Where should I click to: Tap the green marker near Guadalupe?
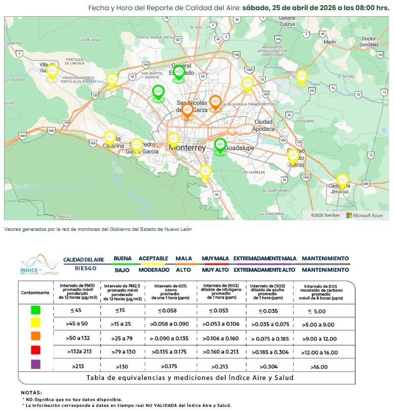pos(220,145)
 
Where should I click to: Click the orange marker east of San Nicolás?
pos(216,102)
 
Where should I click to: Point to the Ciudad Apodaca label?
pos(264,125)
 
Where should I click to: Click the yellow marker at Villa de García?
pos(52,72)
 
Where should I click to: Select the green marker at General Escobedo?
pos(178,73)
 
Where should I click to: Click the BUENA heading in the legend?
pos(123,258)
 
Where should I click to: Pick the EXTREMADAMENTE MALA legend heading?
pos(265,258)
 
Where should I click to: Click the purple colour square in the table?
pos(35,364)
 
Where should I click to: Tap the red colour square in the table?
pos(35,350)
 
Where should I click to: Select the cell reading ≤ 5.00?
pos(319,311)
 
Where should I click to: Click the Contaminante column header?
pos(35,293)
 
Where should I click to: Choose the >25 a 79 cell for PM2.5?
pos(123,338)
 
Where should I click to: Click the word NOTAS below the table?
pos(31,393)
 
